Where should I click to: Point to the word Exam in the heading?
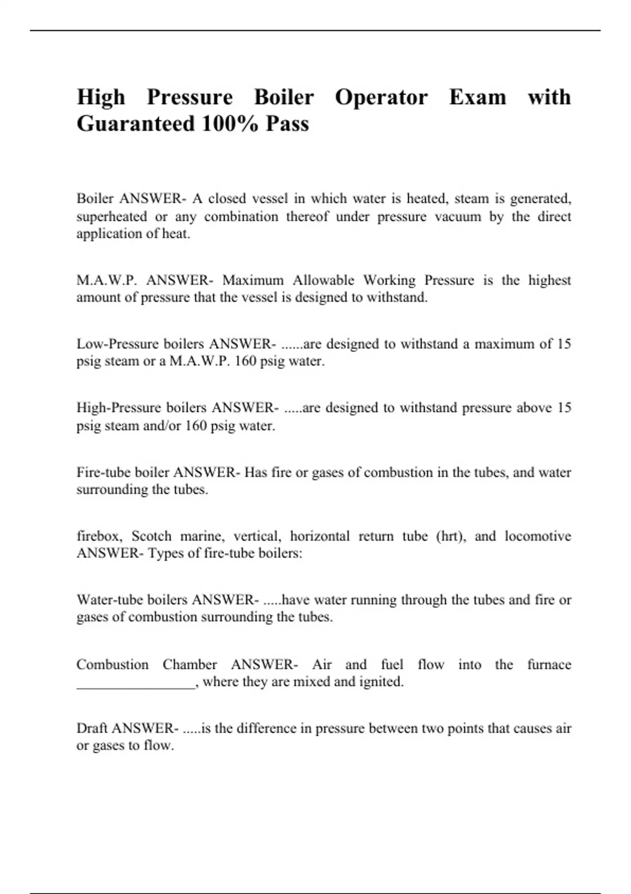pyautogui.click(x=477, y=98)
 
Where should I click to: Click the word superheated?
pyautogui.click(x=111, y=217)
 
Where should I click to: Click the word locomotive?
pyautogui.click(x=537, y=536)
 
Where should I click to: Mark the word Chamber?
pyautogui.click(x=189, y=665)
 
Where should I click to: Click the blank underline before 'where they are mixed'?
pyautogui.click(x=136, y=684)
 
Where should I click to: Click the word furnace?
pyautogui.click(x=549, y=665)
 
